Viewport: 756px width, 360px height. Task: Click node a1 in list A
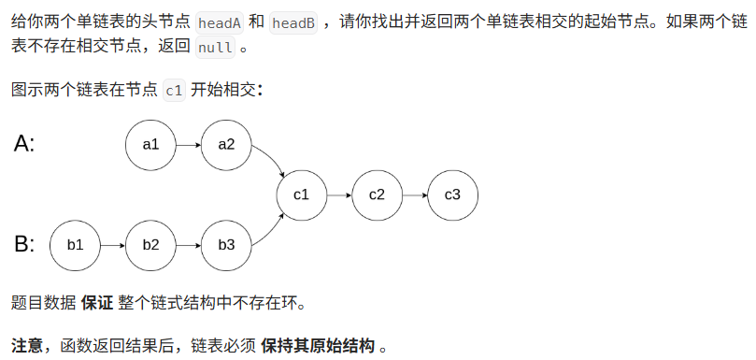[150, 145]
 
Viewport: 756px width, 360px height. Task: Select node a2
[226, 145]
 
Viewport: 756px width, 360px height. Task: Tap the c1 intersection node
[302, 195]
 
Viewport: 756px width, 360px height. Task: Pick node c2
[377, 195]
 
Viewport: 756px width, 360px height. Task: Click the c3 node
[452, 195]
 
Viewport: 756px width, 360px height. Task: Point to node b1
[75, 245]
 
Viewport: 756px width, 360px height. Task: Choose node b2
[150, 245]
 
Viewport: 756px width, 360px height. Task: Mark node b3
[226, 245]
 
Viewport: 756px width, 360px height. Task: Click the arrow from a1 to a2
[188, 145]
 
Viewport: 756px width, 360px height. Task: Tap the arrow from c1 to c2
[339, 195]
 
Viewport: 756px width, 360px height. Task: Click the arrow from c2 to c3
[415, 195]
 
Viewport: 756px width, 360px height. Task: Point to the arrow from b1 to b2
[112, 245]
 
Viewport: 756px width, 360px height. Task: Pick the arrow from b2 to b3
[188, 245]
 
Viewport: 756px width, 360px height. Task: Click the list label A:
[24, 144]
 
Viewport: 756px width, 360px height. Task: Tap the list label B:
[24, 245]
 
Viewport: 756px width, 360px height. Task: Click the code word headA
[221, 22]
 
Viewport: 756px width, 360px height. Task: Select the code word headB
[292, 22]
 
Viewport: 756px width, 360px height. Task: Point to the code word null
[216, 48]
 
